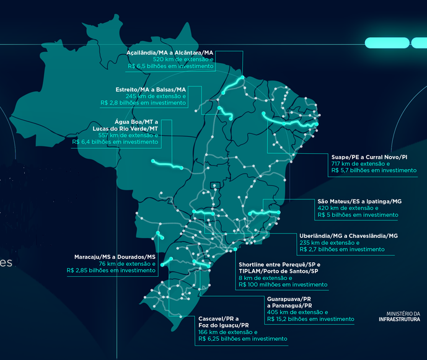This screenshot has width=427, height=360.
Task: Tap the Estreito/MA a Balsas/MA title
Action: pyautogui.click(x=151, y=90)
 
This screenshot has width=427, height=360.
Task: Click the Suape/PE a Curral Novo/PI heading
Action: pyautogui.click(x=370, y=157)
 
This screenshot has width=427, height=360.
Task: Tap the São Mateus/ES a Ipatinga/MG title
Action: pyautogui.click(x=359, y=201)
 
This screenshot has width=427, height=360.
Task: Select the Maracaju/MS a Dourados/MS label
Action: pyautogui.click(x=115, y=257)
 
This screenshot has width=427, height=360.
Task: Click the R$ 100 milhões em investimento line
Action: pyautogui.click(x=283, y=284)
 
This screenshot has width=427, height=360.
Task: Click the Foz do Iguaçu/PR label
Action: pyautogui.click(x=224, y=325)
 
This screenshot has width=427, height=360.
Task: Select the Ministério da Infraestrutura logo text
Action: pyautogui.click(x=402, y=317)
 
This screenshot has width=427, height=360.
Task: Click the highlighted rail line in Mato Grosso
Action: pyautogui.click(x=167, y=164)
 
